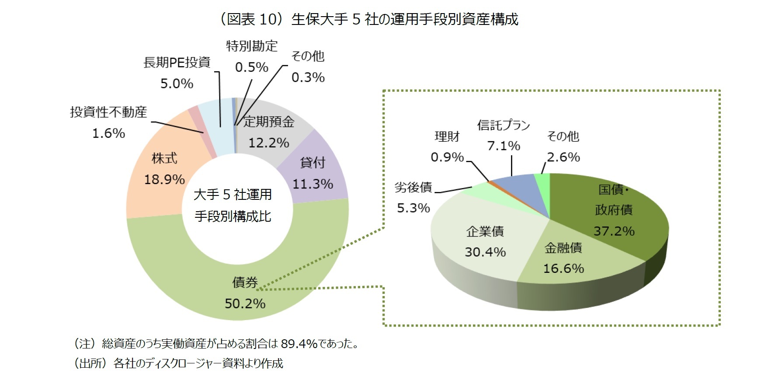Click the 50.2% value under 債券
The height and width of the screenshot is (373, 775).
[x=245, y=303]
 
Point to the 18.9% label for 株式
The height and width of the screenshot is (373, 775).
[x=164, y=179]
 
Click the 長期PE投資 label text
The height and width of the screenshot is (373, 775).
[x=177, y=63]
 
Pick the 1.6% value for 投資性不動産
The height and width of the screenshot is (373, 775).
[x=108, y=133]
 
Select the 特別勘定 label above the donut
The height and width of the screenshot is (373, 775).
[x=251, y=46]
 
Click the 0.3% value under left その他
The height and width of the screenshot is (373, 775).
[x=308, y=77]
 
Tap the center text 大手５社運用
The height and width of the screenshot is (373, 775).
[x=233, y=195]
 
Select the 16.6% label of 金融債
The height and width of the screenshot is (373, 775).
[x=563, y=268]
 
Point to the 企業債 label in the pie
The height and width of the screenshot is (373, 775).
[x=485, y=231]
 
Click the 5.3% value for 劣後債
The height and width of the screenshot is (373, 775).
[x=413, y=208]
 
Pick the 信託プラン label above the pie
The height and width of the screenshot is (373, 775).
[x=503, y=125]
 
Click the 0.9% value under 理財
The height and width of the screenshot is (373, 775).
[x=447, y=157]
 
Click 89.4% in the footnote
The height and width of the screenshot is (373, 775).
[x=299, y=344]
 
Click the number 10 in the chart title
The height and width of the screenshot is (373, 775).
[x=268, y=19]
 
